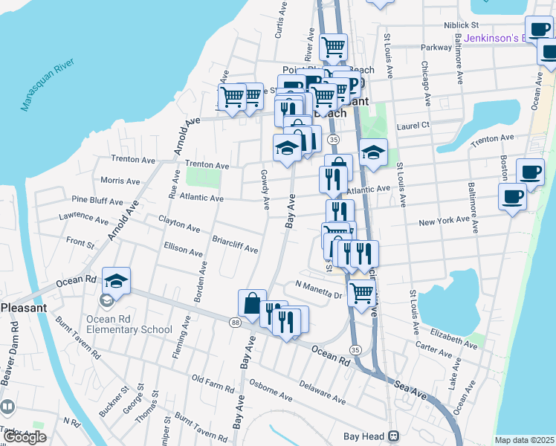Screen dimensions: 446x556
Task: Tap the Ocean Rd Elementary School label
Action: coord(129,324)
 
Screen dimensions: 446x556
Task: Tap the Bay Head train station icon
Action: coord(396,436)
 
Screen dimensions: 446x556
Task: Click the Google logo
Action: coord(24,437)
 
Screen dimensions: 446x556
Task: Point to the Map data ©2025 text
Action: coord(525,440)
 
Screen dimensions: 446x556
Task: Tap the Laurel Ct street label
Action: coord(414,126)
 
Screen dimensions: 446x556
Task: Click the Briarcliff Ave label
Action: coord(235,245)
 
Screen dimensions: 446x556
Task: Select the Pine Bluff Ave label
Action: coord(97,201)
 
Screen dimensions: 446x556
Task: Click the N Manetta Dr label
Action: coord(318,286)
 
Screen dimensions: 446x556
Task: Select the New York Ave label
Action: coord(444,222)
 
